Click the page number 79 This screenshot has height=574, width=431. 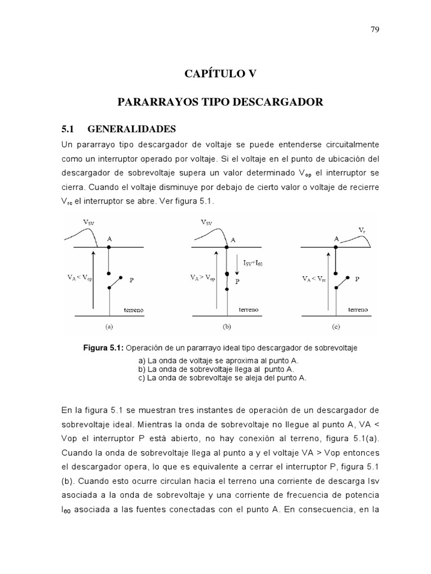coord(375,29)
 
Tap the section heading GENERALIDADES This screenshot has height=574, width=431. coord(132,128)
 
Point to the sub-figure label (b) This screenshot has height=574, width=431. coord(227,325)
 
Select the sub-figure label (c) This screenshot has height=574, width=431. coord(336,325)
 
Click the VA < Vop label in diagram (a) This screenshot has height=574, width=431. coord(80,276)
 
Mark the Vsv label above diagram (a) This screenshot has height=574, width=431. coord(89,222)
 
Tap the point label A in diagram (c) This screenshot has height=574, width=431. coord(336,238)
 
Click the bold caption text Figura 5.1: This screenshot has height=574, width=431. coord(107,348)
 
